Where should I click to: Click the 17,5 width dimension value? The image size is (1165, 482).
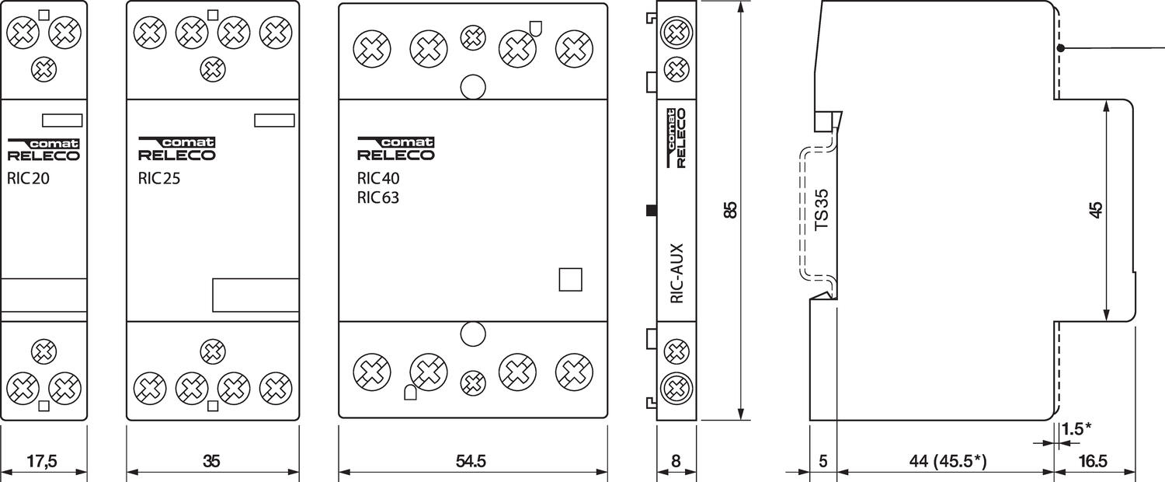[x=43, y=461]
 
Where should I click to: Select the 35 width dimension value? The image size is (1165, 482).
[x=211, y=461]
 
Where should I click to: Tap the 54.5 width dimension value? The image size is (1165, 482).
[x=471, y=461]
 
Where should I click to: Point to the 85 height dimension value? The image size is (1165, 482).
[x=730, y=210]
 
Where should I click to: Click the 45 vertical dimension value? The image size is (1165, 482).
[x=1096, y=210]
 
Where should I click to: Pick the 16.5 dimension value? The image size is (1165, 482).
[x=1093, y=461]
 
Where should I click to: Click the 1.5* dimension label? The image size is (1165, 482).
[x=1076, y=428]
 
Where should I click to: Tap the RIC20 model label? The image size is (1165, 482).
[x=30, y=177]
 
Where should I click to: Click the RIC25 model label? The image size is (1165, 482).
[x=159, y=177]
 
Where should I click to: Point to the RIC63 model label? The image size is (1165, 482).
[x=378, y=197]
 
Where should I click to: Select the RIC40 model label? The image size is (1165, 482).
[x=378, y=177]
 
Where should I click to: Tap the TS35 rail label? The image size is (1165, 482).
[x=822, y=210]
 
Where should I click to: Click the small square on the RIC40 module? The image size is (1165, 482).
[x=570, y=279]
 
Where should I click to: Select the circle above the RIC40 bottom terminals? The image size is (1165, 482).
[x=472, y=334]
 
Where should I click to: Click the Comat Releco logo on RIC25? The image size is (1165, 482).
[x=176, y=148]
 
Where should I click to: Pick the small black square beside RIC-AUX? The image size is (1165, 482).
[x=652, y=210]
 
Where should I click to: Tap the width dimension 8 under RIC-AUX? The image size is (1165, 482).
[x=676, y=461]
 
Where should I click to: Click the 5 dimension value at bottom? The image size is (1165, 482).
[x=823, y=461]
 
